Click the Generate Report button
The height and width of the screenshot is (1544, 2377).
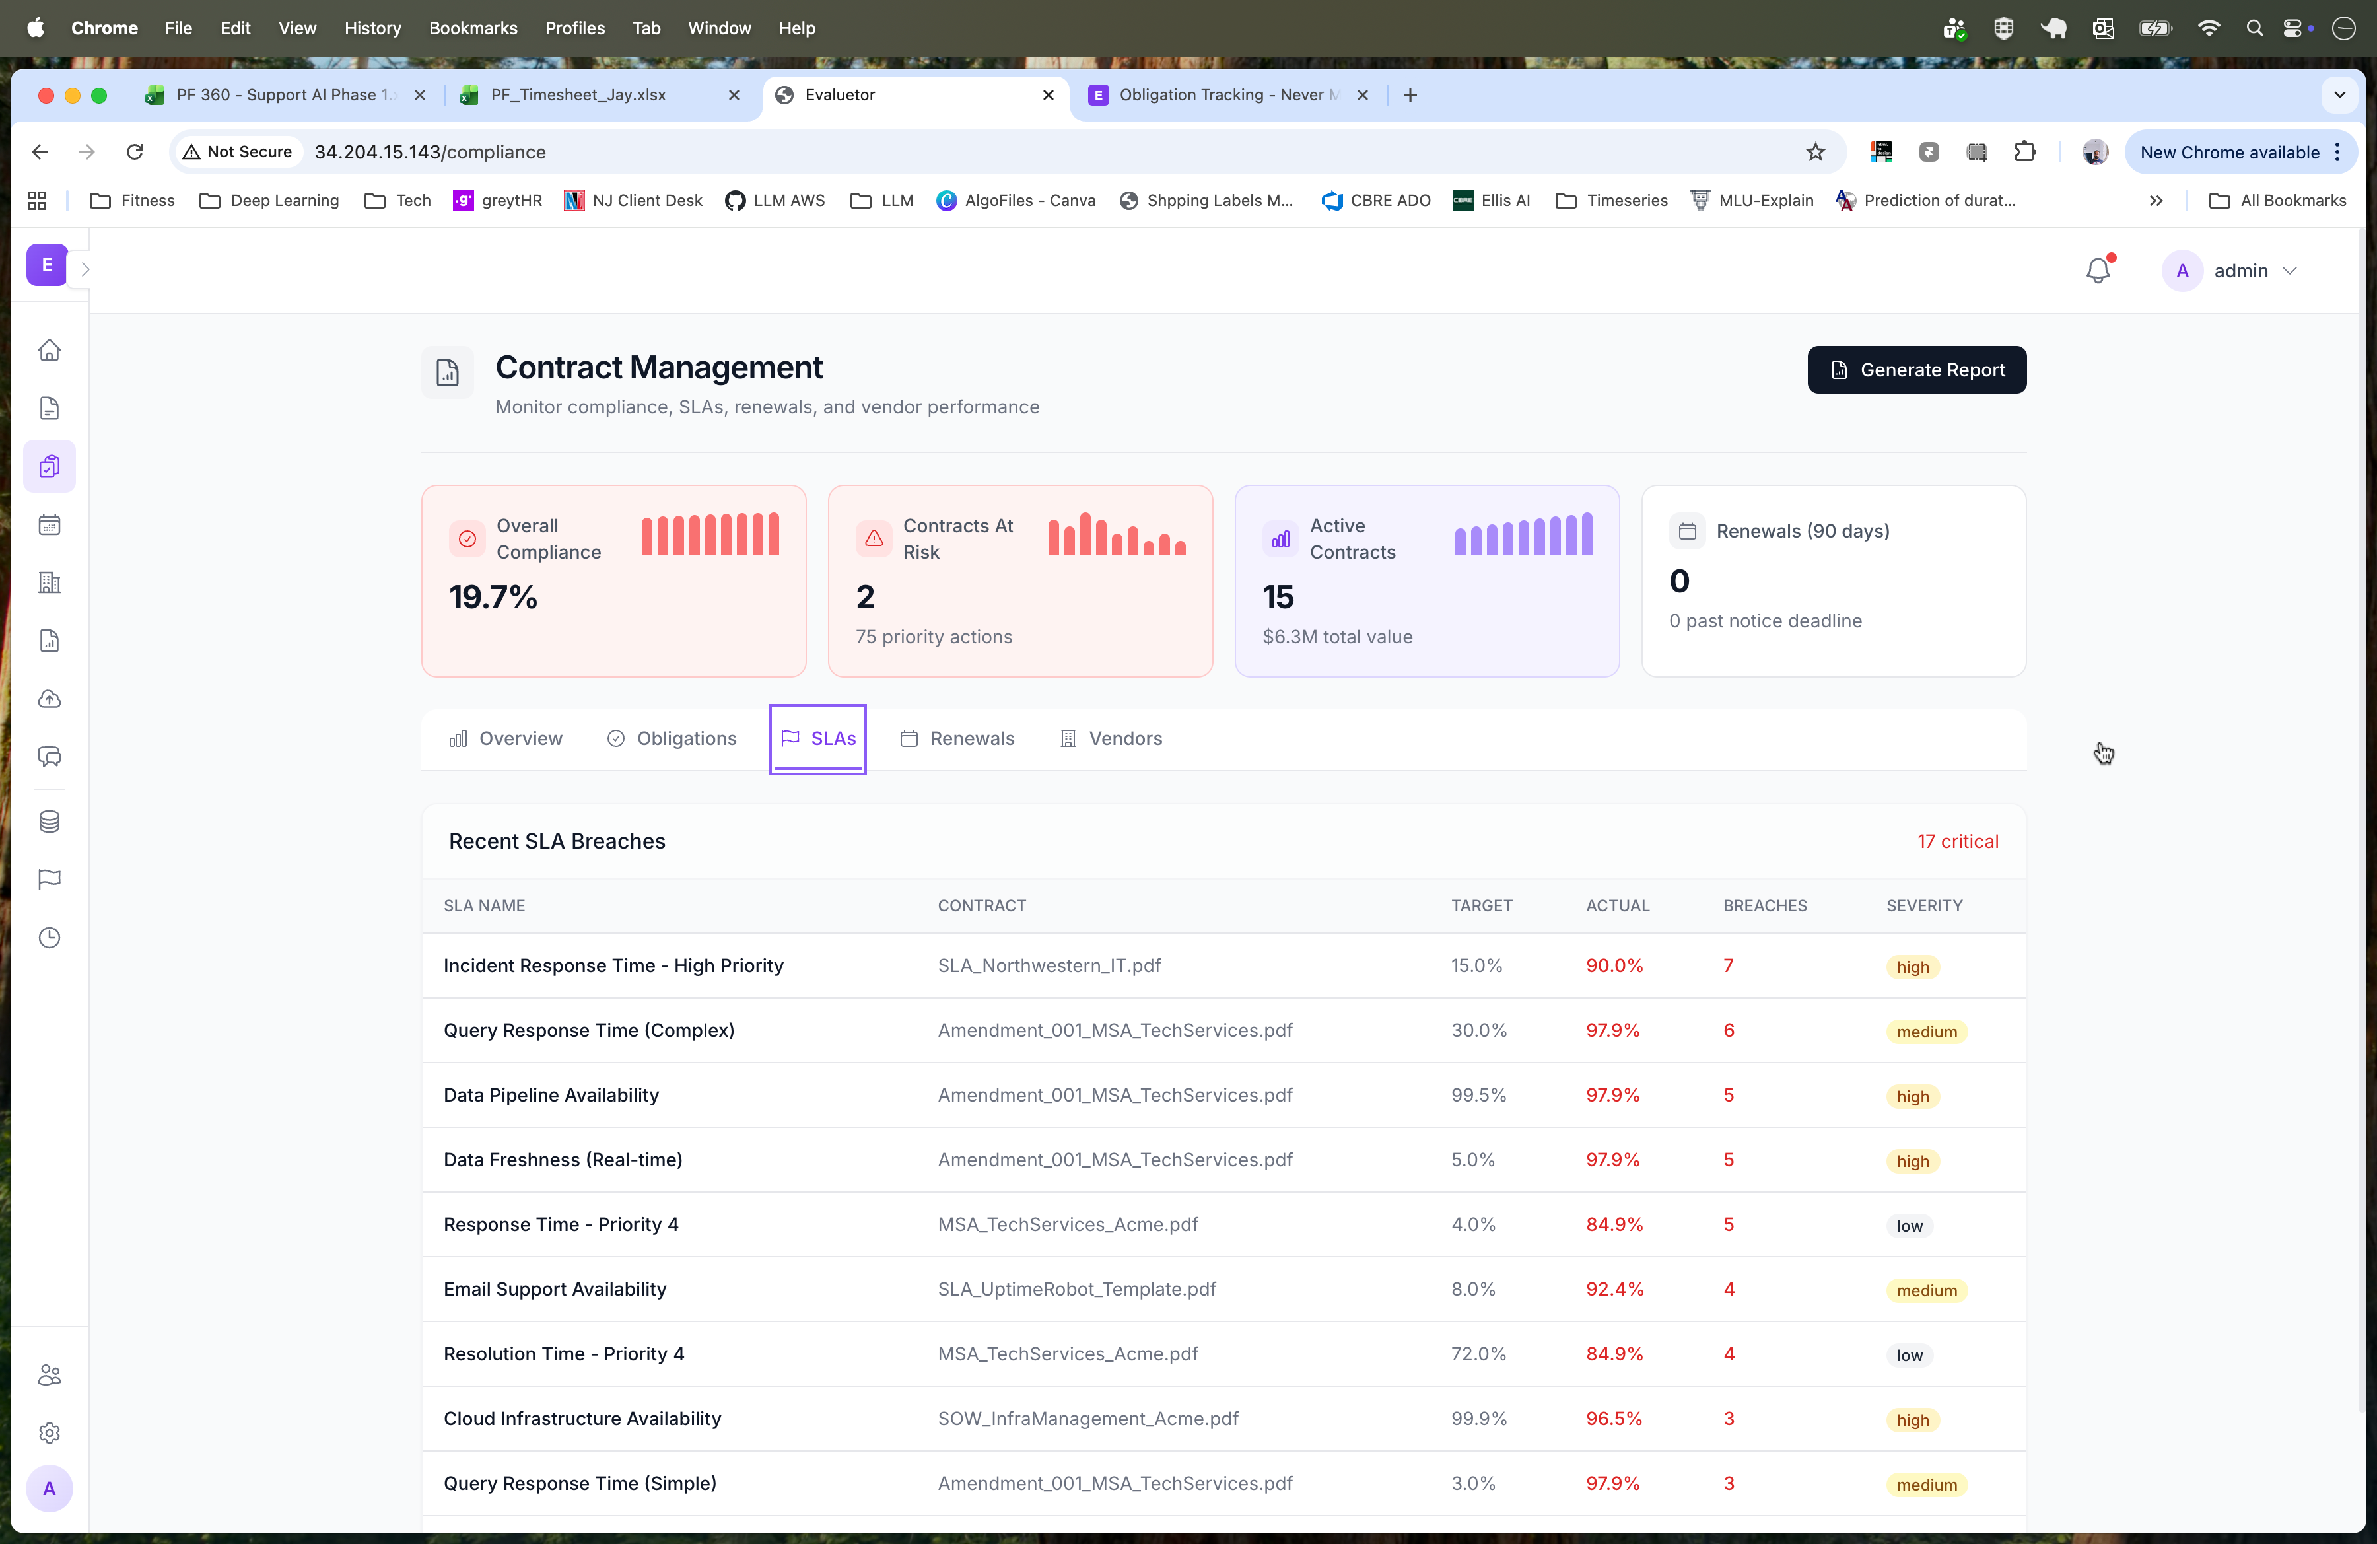pyautogui.click(x=1915, y=370)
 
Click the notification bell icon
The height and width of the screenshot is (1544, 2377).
pyautogui.click(x=2097, y=271)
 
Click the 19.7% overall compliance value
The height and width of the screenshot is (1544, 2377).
pyautogui.click(x=493, y=596)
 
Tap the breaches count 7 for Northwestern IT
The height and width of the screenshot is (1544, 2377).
pyautogui.click(x=1728, y=965)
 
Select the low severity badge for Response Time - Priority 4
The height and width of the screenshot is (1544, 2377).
pyautogui.click(x=1909, y=1226)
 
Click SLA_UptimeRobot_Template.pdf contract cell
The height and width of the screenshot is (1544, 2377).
pyautogui.click(x=1076, y=1289)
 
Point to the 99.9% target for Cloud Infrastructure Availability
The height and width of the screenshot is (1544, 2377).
pyautogui.click(x=1478, y=1418)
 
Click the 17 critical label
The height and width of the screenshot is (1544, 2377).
pyautogui.click(x=1956, y=841)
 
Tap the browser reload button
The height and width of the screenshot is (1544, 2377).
pyautogui.click(x=135, y=152)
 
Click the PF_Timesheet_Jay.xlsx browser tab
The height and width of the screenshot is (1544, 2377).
pyautogui.click(x=578, y=95)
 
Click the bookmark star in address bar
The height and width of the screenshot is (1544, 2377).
pyautogui.click(x=1814, y=152)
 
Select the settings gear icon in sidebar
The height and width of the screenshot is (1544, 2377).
pyautogui.click(x=49, y=1432)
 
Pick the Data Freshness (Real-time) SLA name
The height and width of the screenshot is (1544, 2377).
pyautogui.click(x=563, y=1160)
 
